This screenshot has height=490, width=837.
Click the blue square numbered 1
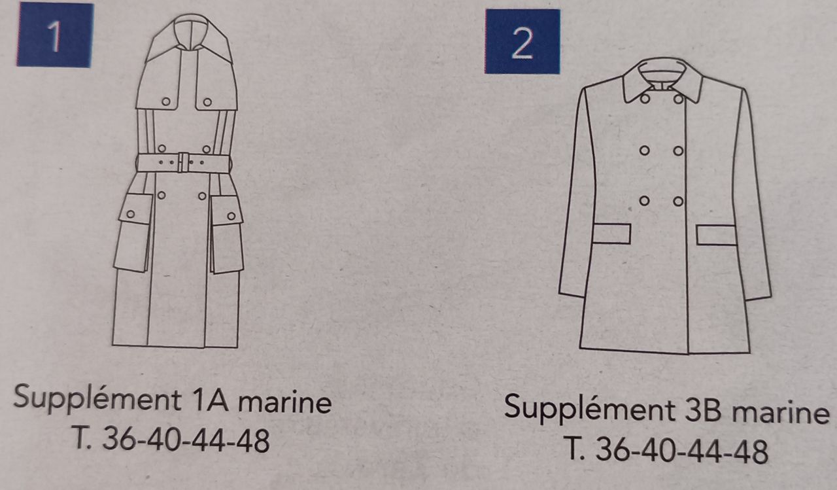[55, 35]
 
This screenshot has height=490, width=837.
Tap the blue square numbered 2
[522, 41]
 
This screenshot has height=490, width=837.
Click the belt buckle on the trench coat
[183, 162]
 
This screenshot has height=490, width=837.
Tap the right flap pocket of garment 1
[227, 235]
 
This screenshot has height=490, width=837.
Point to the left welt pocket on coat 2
[611, 234]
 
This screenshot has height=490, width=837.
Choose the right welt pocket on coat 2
[716, 235]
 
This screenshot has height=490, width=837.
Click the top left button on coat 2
[645, 99]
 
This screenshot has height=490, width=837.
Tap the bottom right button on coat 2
[678, 202]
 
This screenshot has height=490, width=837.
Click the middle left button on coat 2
[645, 150]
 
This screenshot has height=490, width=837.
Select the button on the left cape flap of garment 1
[166, 101]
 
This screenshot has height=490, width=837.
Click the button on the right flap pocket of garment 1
[231, 216]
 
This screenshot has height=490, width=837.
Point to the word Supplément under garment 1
[97, 398]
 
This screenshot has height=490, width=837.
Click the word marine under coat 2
[780, 413]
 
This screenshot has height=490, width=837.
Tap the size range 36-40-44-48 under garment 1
[186, 439]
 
